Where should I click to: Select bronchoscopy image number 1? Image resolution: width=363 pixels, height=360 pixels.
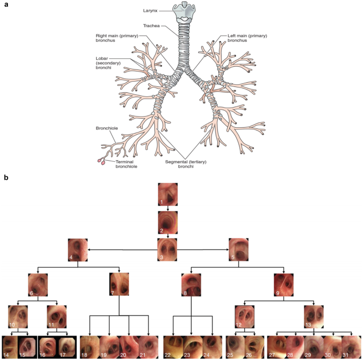click(168, 194)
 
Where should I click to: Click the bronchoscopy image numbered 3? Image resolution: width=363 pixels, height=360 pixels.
click(168, 249)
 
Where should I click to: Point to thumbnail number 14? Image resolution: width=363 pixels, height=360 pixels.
click(11, 346)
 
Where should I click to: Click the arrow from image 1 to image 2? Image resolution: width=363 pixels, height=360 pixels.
click(168, 208)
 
